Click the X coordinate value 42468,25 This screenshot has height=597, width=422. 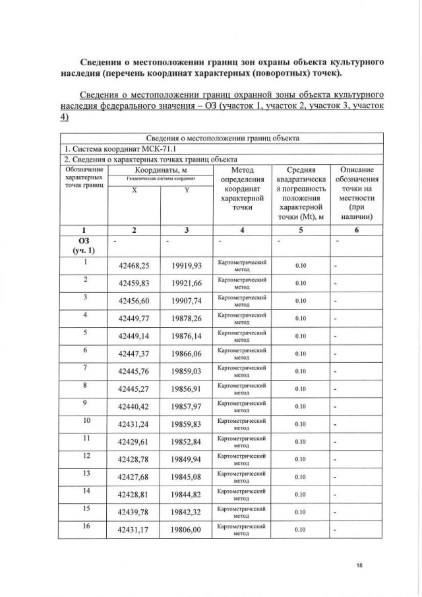pyautogui.click(x=134, y=266)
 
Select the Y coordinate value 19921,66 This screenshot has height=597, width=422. pyautogui.click(x=187, y=283)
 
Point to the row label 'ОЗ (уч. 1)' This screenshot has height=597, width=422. pyautogui.click(x=84, y=245)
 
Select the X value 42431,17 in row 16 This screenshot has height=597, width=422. pyautogui.click(x=134, y=530)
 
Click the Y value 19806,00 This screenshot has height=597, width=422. pyautogui.click(x=187, y=530)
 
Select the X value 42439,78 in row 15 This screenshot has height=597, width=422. pyautogui.click(x=134, y=512)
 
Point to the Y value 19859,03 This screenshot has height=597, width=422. pyautogui.click(x=187, y=371)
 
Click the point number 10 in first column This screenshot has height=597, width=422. pyautogui.click(x=84, y=420)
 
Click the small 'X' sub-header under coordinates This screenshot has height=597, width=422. pyautogui.click(x=134, y=190)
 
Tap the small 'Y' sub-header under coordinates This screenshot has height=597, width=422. pyautogui.click(x=187, y=190)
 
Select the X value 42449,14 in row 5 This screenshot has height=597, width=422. pyautogui.click(x=134, y=336)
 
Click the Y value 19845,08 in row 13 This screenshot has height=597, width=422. pyautogui.click(x=187, y=477)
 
